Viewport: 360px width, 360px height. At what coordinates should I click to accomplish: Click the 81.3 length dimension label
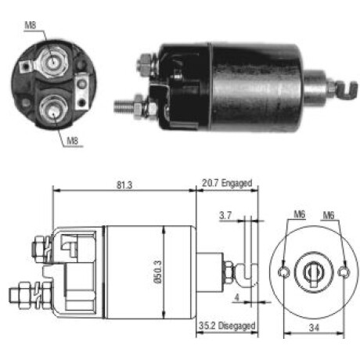[x=124, y=185]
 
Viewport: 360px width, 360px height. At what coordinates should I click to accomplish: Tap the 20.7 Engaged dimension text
[x=227, y=183]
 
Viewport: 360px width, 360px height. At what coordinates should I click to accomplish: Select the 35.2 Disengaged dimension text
[x=227, y=326]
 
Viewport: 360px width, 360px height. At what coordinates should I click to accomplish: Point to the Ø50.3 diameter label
[x=158, y=272]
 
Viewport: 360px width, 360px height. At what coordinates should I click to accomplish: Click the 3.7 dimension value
[x=225, y=215]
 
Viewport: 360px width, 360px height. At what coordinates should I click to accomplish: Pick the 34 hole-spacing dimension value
[x=314, y=327]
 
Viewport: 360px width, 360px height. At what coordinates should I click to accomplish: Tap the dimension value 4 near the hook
[x=237, y=297]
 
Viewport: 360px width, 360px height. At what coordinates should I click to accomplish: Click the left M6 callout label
[x=299, y=214]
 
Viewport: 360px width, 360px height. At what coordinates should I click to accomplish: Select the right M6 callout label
[x=329, y=215]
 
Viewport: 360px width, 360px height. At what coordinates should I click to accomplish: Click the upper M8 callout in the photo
[x=31, y=25]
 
